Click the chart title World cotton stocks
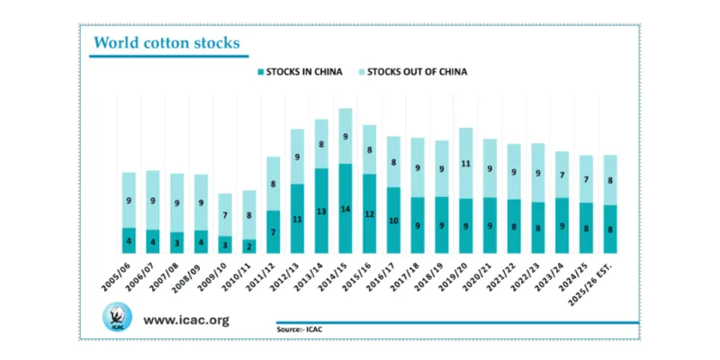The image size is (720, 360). [x=166, y=42]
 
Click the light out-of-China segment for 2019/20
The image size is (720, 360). [x=465, y=163]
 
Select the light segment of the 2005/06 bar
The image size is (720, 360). [x=129, y=200]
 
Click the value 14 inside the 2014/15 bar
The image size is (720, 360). [x=345, y=209]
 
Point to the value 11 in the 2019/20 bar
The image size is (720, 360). [x=465, y=164]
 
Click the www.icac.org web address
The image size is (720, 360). [x=186, y=319]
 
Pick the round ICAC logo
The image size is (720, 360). [x=116, y=319]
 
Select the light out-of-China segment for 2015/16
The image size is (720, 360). [x=369, y=149]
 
